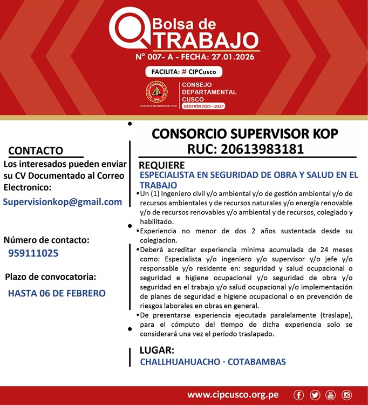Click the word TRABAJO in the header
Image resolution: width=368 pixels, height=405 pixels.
pyautogui.click(x=203, y=41)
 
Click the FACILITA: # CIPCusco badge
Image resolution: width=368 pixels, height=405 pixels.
pyautogui.click(x=183, y=71)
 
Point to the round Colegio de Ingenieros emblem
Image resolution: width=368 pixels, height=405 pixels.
pyautogui.click(x=156, y=93)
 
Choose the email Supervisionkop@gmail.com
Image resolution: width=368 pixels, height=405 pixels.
pyautogui.click(x=63, y=202)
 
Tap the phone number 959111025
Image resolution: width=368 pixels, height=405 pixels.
pyautogui.click(x=33, y=253)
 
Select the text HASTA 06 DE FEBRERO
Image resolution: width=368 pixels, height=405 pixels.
pyautogui.click(x=57, y=294)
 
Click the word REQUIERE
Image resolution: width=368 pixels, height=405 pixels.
pyautogui.click(x=162, y=165)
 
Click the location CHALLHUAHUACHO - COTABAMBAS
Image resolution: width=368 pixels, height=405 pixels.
pyautogui.click(x=213, y=362)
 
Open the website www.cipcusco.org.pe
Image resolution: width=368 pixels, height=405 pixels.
pyautogui.click(x=233, y=395)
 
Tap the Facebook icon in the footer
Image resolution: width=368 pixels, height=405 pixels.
pyautogui.click(x=299, y=395)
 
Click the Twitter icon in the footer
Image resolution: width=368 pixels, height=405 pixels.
pyautogui.click(x=315, y=395)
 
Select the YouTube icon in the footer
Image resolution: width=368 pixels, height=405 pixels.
pyautogui.click(x=331, y=395)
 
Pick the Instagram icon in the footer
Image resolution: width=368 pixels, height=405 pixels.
pyautogui.click(x=347, y=395)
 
